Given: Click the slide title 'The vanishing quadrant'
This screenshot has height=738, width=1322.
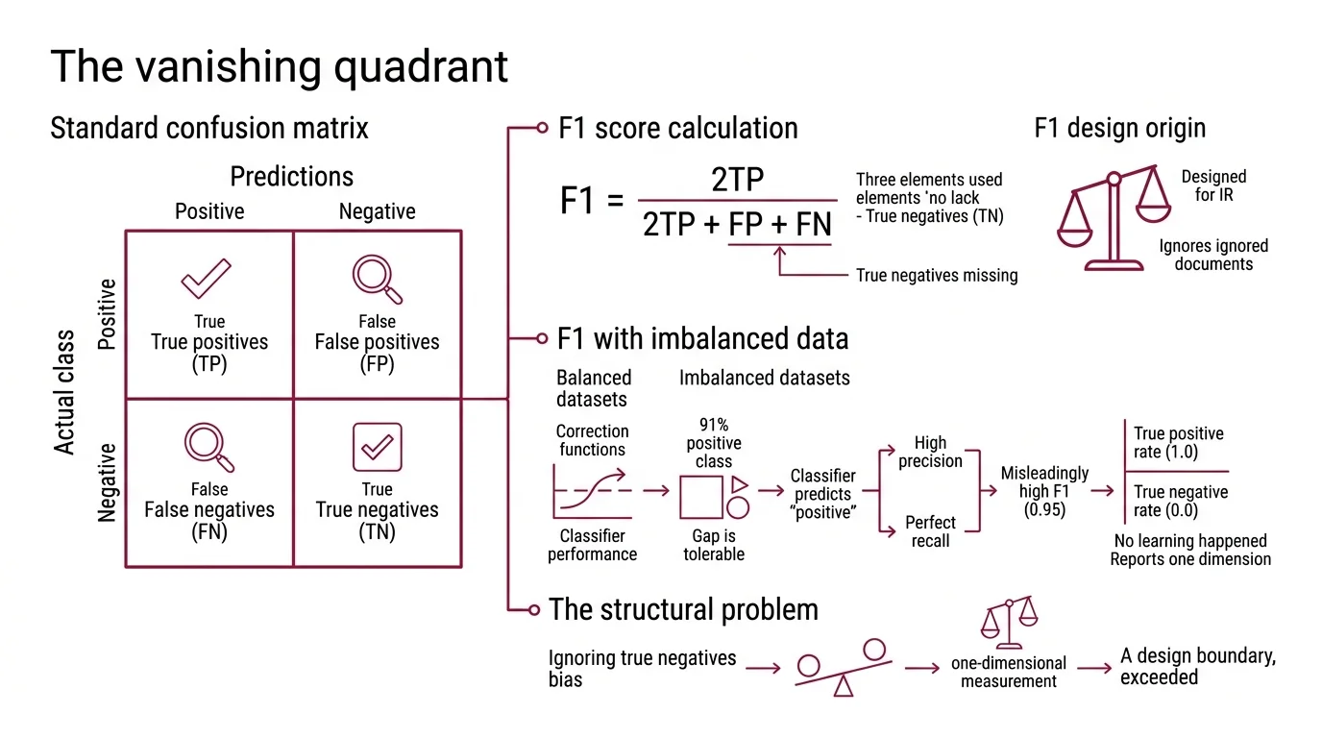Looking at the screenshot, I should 279,66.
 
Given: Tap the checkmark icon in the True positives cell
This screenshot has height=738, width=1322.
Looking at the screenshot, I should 207,280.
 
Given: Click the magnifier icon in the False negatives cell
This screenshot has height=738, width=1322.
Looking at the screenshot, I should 208,448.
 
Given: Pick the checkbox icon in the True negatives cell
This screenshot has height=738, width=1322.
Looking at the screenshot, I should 377,448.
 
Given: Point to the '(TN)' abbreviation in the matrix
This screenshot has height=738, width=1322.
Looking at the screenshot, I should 377,531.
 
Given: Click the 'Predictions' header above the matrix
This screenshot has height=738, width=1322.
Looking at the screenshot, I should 292,177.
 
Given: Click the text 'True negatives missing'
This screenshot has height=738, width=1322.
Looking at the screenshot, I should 936,276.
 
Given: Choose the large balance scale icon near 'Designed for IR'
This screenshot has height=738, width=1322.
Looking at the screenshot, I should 1113,220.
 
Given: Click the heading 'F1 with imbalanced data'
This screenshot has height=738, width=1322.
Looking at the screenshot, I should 702,338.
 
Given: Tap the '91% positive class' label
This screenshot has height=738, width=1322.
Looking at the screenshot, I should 714,443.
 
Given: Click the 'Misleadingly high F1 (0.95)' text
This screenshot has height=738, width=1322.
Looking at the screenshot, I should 1044,491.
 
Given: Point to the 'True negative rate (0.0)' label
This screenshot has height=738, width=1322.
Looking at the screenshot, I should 1180,501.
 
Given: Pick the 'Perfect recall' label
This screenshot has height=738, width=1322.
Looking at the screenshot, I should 930,531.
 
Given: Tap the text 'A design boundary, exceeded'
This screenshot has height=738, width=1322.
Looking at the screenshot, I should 1197,667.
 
